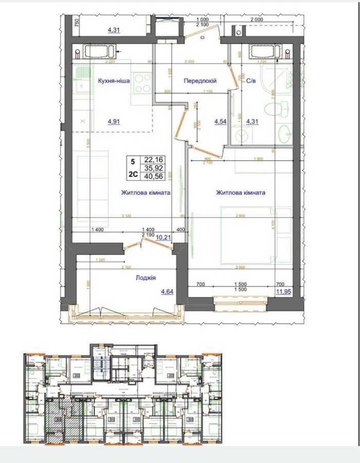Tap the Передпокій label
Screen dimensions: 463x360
[200, 81]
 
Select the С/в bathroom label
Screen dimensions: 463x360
[251, 81]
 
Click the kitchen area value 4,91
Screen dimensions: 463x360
[114, 122]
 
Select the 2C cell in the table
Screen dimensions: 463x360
[133, 175]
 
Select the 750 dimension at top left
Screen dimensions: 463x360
[76, 23]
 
